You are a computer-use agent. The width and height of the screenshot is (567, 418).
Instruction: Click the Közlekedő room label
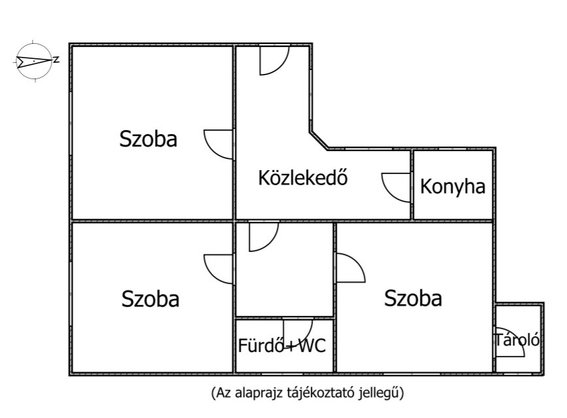pos(301,178)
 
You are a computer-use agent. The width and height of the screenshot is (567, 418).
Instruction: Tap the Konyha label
pos(453,187)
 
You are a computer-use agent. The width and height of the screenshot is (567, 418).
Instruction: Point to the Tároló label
pos(517,340)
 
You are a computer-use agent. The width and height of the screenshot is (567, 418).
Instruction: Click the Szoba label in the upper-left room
pos(148,139)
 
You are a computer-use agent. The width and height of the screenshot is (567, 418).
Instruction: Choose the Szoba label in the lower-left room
pos(150,299)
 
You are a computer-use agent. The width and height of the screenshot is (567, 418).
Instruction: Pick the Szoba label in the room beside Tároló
pos(413,298)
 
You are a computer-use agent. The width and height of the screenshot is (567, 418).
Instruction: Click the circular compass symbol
pos(32,61)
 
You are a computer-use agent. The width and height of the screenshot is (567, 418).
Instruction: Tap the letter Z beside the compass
pos(56,60)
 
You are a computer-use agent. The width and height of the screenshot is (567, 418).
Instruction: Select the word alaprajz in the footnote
pos(255,393)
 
